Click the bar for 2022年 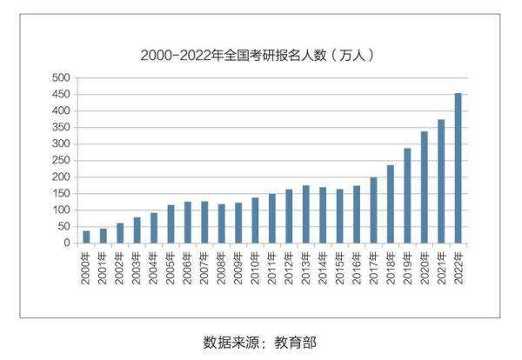(x=458, y=169)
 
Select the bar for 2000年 (x=86, y=237)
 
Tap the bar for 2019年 (x=407, y=196)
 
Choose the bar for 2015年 (x=339, y=216)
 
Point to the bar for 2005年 (x=171, y=224)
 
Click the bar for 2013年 (x=305, y=214)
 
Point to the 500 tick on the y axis (x=60, y=78)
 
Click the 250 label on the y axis (x=60, y=161)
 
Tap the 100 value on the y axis (x=60, y=210)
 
